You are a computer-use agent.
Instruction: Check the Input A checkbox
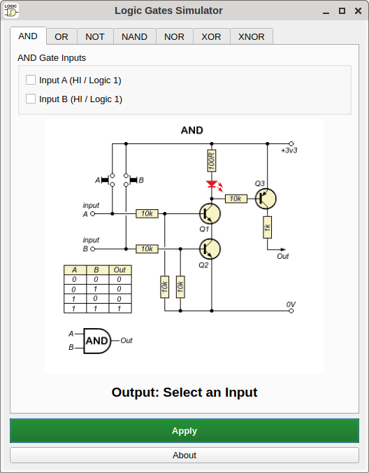click(x=31, y=80)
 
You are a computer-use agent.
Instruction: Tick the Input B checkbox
click(x=31, y=99)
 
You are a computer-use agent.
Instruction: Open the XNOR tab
click(x=251, y=36)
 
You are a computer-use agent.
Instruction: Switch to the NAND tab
click(x=134, y=36)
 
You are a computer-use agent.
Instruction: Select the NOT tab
click(x=95, y=36)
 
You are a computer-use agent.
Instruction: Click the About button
click(x=184, y=455)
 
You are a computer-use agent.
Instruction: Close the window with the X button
click(x=358, y=11)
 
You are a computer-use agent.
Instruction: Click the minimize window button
click(x=326, y=11)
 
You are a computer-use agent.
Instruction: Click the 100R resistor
click(x=212, y=160)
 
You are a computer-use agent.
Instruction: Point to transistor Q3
click(x=266, y=199)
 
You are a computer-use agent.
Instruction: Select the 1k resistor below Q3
click(x=267, y=227)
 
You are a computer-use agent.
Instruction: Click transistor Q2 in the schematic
click(x=210, y=249)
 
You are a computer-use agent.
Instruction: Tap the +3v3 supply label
click(x=289, y=150)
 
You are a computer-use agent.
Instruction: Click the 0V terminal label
click(x=291, y=304)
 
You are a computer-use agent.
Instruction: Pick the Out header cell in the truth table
click(x=120, y=269)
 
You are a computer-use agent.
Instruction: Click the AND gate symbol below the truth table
click(x=97, y=341)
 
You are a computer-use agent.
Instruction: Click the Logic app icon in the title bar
click(x=11, y=11)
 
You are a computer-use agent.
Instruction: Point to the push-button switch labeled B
click(x=130, y=180)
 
